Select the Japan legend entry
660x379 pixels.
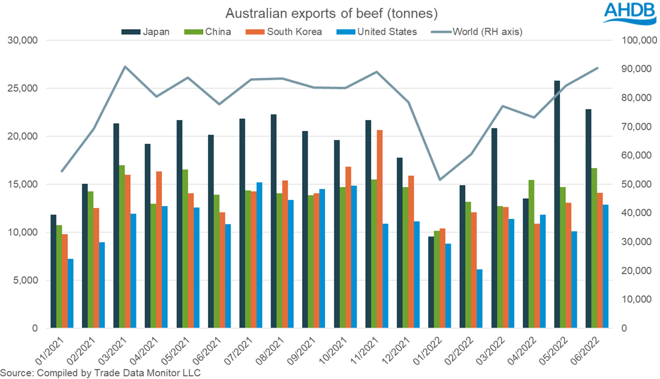(149, 32)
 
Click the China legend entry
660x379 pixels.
(210, 32)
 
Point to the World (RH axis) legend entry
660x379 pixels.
(479, 32)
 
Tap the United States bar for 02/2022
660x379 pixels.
(479, 299)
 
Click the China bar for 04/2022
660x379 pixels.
(532, 254)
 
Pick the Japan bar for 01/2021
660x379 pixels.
(53, 272)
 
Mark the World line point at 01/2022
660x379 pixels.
(440, 180)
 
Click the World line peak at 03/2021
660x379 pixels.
(124, 67)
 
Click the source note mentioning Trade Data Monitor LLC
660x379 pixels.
(100, 372)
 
